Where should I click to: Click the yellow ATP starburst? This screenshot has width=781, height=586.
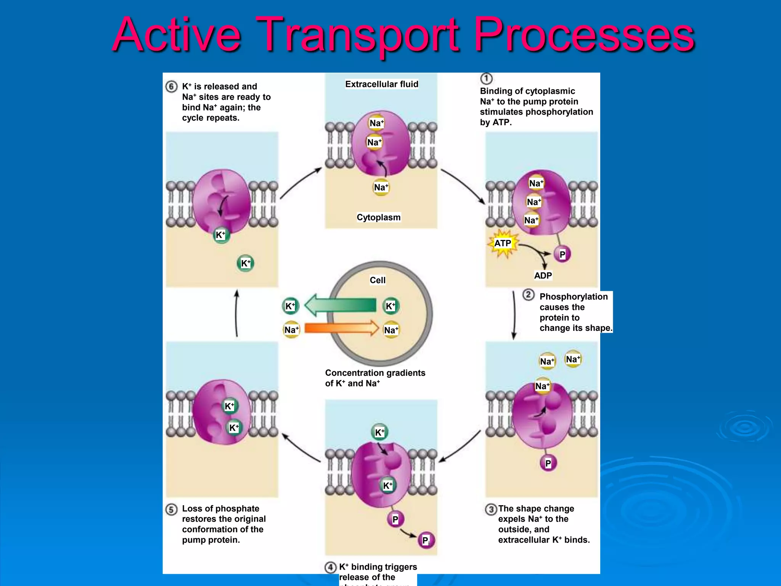503,243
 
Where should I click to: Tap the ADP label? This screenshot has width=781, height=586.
543,275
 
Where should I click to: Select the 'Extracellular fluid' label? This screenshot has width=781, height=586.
382,84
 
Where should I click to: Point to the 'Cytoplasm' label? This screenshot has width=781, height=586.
379,217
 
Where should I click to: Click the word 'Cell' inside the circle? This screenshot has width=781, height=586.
378,280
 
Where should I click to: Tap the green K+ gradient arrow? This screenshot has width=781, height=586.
341,305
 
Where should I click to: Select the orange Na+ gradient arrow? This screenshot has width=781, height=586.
341,328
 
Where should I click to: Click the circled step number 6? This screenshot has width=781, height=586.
171,87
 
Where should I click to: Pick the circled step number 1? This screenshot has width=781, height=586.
486,79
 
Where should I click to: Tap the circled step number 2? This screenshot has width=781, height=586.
528,295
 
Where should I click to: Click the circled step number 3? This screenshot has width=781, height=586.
491,509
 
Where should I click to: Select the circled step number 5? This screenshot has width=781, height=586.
171,509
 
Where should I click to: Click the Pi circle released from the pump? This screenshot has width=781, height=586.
426,540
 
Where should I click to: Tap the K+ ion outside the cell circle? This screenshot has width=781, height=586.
290,306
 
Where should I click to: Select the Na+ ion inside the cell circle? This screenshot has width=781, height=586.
391,330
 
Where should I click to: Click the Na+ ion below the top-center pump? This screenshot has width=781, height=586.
381,187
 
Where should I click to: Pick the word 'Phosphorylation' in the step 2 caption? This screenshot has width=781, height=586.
574,297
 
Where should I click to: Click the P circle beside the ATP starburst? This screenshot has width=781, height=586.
562,254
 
